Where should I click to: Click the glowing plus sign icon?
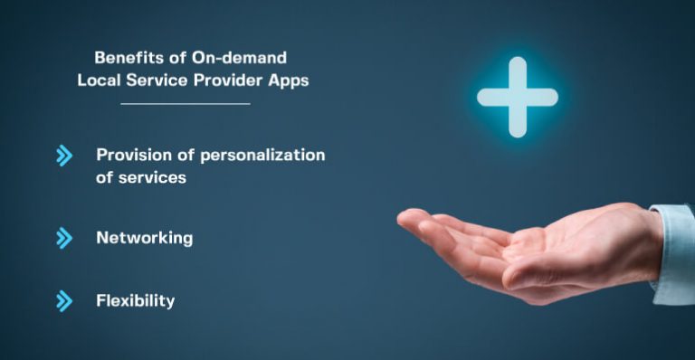[x=517, y=97]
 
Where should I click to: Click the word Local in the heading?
[x=99, y=80]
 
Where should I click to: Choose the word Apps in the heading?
[x=289, y=80]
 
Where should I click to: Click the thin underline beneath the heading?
[x=185, y=104]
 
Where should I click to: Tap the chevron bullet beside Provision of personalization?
[x=63, y=156]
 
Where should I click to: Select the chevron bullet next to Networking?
[x=63, y=238]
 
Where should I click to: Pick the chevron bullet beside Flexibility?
[x=63, y=301]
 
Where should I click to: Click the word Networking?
[x=144, y=238]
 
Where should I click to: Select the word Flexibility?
[x=135, y=300]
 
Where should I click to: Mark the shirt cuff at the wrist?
[x=674, y=252]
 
